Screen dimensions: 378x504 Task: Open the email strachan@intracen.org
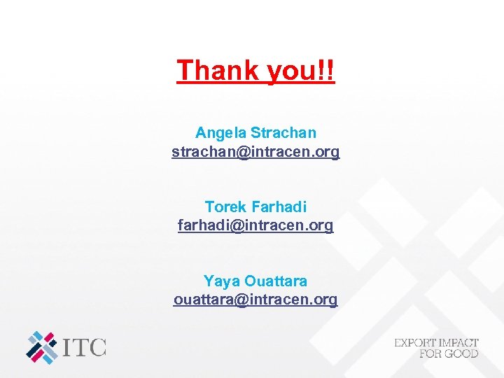(255, 151)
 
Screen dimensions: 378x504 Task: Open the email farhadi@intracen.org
(255, 225)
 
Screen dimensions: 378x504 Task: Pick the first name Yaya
(221, 281)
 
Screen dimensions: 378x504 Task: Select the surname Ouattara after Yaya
(275, 281)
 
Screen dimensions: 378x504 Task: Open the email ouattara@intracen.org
(255, 300)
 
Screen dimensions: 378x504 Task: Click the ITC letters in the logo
(85, 346)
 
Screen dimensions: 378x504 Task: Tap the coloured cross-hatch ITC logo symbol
(42, 347)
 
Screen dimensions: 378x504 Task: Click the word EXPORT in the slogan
(416, 343)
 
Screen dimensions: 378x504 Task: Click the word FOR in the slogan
(430, 353)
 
